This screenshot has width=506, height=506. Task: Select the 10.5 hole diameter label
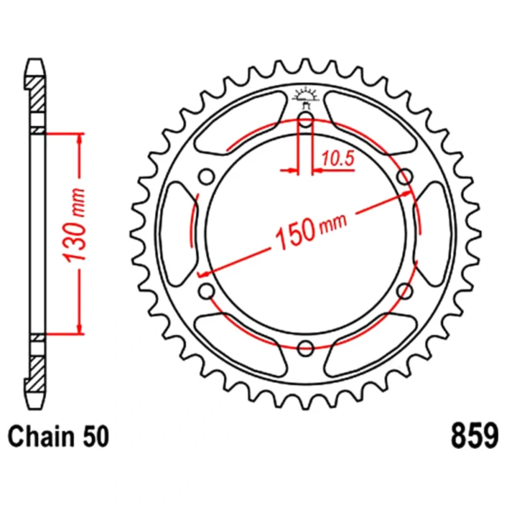[x=338, y=158]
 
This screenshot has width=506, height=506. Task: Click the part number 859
[x=475, y=437]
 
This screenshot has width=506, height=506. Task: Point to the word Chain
[x=40, y=437]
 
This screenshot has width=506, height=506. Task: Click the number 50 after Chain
[x=96, y=437]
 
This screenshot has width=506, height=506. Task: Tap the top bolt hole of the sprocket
[x=306, y=120]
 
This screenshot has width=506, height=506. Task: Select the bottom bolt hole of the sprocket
[x=306, y=348]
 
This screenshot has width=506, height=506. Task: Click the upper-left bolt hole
[x=206, y=177]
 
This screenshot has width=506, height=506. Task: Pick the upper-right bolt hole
[x=405, y=177]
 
